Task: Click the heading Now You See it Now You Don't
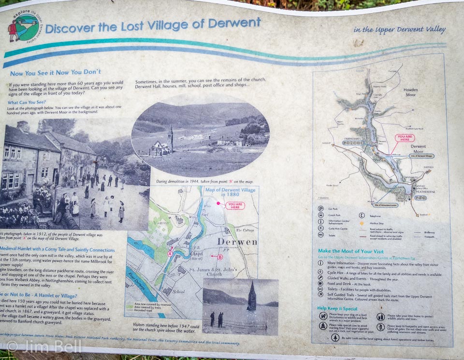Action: click(56, 72)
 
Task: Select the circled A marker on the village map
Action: click(170, 252)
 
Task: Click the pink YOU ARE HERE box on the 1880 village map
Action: click(235, 205)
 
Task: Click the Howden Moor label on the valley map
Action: click(410, 93)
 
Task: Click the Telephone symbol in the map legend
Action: click(361, 216)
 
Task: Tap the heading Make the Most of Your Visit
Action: click(350, 251)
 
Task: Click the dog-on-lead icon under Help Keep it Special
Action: click(323, 316)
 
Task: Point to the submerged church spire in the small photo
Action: click(252, 296)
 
